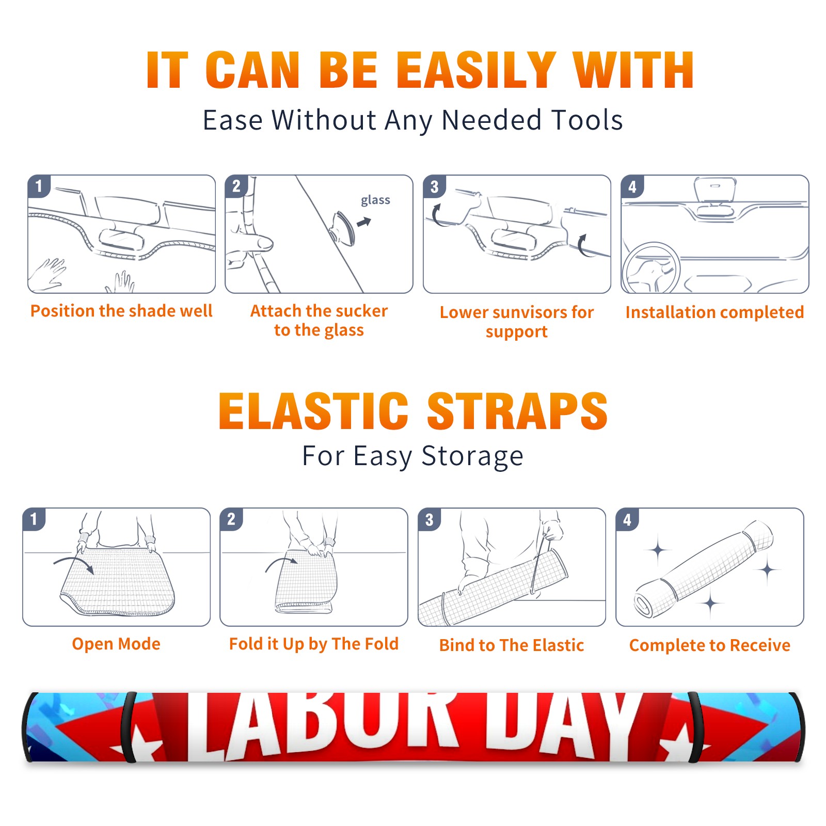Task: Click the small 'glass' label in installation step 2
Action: pyautogui.click(x=375, y=200)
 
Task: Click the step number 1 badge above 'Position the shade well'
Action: pyautogui.click(x=39, y=186)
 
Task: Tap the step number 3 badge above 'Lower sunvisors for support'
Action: pyautogui.click(x=434, y=186)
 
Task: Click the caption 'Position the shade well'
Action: pyautogui.click(x=121, y=311)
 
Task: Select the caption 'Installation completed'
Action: pyautogui.click(x=714, y=312)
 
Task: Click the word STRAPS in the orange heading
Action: pyautogui.click(x=517, y=411)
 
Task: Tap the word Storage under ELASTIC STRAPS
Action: pyautogui.click(x=472, y=457)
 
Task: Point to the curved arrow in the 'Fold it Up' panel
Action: pyautogui.click(x=281, y=564)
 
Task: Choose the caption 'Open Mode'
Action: pyautogui.click(x=116, y=644)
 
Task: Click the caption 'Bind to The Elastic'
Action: pyautogui.click(x=512, y=645)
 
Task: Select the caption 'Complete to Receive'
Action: pyautogui.click(x=710, y=645)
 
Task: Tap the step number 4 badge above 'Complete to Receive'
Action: pyautogui.click(x=627, y=519)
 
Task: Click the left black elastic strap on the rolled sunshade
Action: pyautogui.click(x=129, y=727)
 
